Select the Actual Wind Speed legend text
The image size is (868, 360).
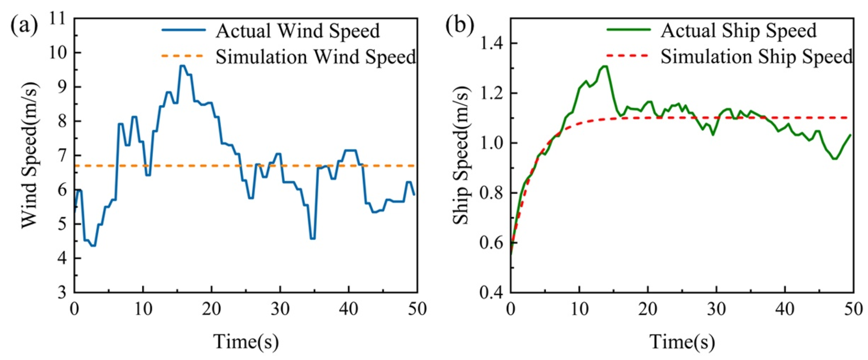[x=298, y=31]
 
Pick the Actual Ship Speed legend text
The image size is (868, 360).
[x=738, y=31]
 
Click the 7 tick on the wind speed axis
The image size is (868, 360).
[x=63, y=156]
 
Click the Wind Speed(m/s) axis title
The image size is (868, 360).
[x=30, y=156]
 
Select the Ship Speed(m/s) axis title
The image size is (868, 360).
[x=461, y=156]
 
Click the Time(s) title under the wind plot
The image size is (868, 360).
[x=246, y=341]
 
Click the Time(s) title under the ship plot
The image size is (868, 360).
[x=682, y=341]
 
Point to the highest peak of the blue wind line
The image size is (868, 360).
[x=182, y=66]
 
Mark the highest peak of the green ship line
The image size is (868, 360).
[x=605, y=66]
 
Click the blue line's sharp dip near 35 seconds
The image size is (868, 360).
[x=312, y=238]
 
